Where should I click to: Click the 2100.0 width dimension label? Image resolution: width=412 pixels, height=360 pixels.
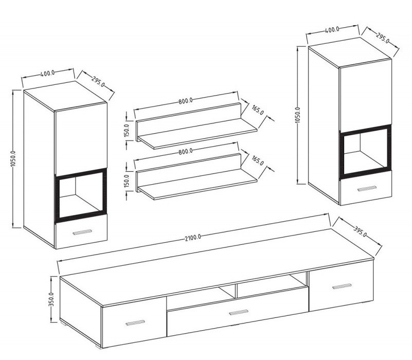tap(193, 238)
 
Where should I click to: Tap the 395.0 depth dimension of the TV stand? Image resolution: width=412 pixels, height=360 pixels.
tap(360, 231)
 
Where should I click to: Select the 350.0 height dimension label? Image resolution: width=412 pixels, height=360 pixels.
tap(51, 299)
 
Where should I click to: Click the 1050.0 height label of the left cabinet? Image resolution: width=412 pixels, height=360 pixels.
tap(13, 158)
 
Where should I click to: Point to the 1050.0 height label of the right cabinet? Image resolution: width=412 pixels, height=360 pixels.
tap(298, 115)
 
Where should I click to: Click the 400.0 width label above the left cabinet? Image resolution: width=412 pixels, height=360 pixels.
tap(48, 73)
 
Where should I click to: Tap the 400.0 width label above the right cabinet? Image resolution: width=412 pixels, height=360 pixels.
tap(332, 29)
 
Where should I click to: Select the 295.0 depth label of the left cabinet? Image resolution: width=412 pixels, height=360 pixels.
tap(98, 82)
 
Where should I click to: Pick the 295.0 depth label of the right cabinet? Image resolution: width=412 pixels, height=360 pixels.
tap(383, 38)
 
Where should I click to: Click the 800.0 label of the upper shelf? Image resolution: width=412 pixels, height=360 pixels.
tap(186, 101)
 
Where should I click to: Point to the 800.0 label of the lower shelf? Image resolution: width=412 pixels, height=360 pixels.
tap(185, 152)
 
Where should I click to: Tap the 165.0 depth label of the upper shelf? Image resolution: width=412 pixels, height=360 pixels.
tap(257, 110)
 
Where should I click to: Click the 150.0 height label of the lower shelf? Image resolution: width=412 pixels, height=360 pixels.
tap(127, 181)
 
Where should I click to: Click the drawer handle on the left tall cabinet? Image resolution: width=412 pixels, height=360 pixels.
tap(82, 231)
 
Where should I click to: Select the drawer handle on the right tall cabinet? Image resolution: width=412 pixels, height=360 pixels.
tap(367, 188)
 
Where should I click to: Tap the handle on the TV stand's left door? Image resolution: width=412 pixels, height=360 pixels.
tap(135, 322)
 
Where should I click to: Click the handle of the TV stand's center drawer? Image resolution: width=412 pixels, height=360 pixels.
tap(238, 312)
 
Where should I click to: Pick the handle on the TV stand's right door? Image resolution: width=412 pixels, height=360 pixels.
tap(342, 286)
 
